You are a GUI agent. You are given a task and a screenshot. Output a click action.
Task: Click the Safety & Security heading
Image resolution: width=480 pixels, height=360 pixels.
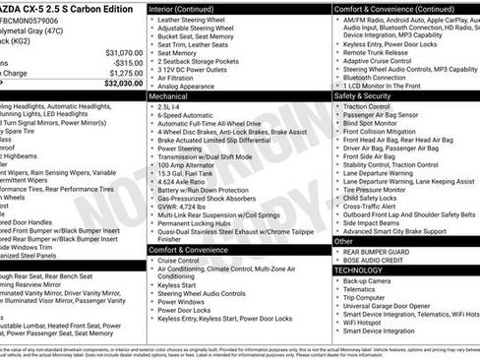pos(366,96)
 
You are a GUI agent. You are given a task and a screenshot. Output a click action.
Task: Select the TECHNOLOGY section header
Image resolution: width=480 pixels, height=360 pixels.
pos(359,269)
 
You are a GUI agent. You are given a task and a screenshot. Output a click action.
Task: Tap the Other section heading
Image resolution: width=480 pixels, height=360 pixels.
pos(343,240)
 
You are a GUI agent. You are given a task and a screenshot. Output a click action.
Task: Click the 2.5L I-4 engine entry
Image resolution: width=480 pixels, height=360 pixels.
pos(170,108)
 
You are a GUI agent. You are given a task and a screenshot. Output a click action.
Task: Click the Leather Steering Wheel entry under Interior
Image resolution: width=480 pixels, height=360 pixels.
pos(197,19)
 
